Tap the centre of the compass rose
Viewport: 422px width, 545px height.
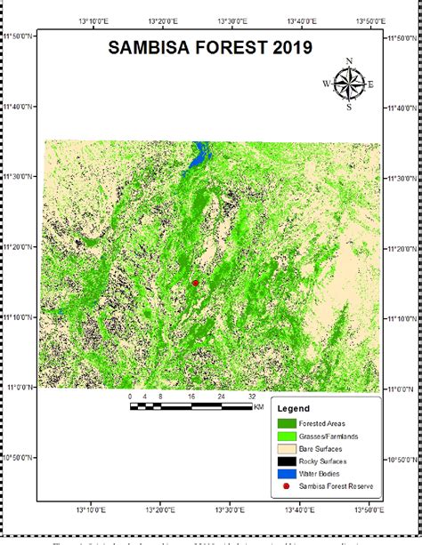coord(349,84)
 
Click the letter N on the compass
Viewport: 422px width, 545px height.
coord(349,61)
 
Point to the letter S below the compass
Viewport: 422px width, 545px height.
coord(349,107)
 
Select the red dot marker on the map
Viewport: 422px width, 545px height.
coord(195,283)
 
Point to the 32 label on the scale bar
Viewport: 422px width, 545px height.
coord(252,396)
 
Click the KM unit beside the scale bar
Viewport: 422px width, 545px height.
coord(259,406)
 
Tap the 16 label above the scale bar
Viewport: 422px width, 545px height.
coord(191,396)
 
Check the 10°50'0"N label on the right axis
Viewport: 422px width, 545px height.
coord(403,461)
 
